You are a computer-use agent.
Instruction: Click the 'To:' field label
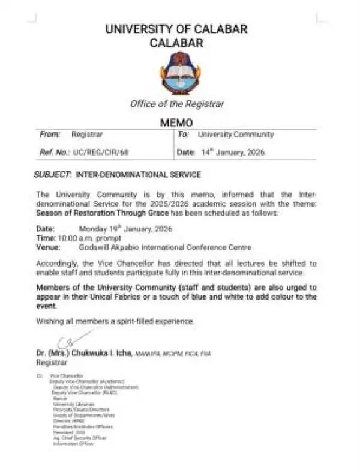point(184,135)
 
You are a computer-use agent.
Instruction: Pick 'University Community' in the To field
point(235,135)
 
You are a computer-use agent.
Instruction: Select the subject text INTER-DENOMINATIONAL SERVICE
point(137,174)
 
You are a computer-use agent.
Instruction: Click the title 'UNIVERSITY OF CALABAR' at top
point(176,29)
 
